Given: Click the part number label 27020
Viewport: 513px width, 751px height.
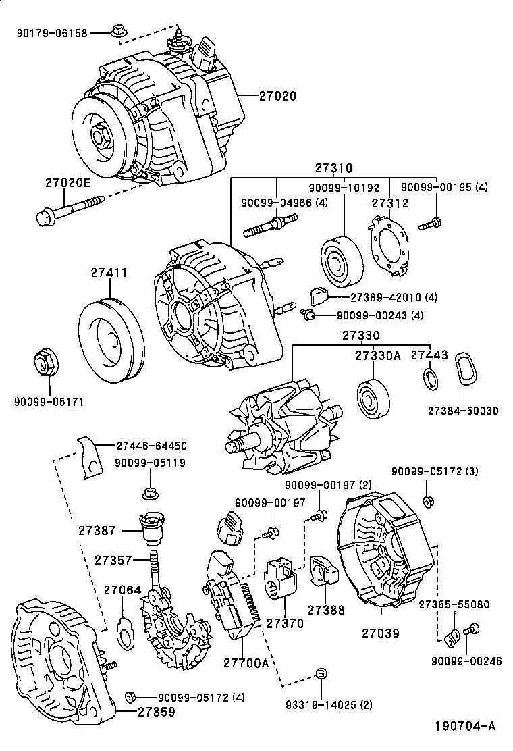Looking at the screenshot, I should [x=277, y=97].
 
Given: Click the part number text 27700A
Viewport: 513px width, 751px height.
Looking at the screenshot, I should [x=246, y=663].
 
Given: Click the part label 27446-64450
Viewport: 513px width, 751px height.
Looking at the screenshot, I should [x=151, y=446].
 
